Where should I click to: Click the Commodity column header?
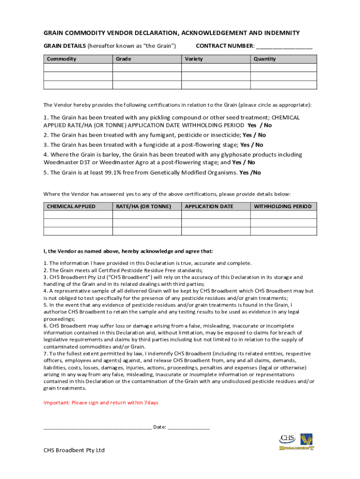(61, 59)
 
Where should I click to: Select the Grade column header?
(123, 59)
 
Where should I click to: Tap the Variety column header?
(194, 59)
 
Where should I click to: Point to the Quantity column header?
(265, 59)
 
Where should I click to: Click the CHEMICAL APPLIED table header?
(71, 206)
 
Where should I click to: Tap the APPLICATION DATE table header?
(209, 206)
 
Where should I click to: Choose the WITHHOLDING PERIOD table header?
(282, 206)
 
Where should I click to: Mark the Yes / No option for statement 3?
(252, 145)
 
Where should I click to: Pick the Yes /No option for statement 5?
(250, 173)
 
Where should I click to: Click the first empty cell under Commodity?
(78, 67)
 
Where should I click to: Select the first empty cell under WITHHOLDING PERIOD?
(283, 215)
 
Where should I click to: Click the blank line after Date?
(188, 427)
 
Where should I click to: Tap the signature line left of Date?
(97, 427)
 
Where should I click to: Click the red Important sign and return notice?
(101, 403)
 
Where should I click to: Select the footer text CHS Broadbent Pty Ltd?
(74, 450)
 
